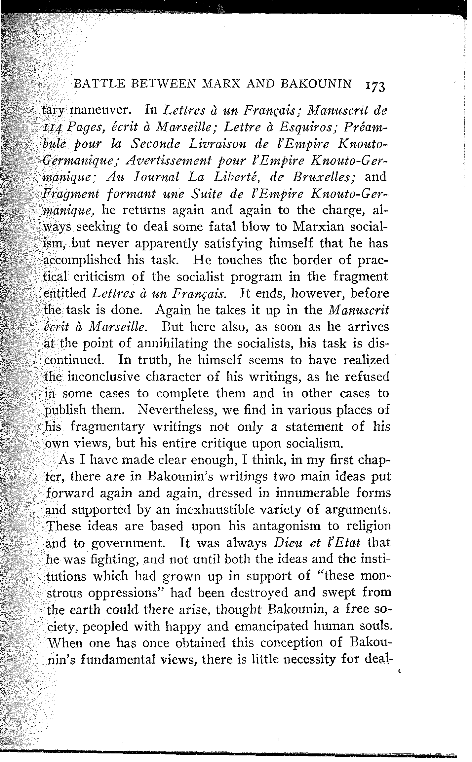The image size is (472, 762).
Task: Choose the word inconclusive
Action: pyautogui.click(x=113, y=377)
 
